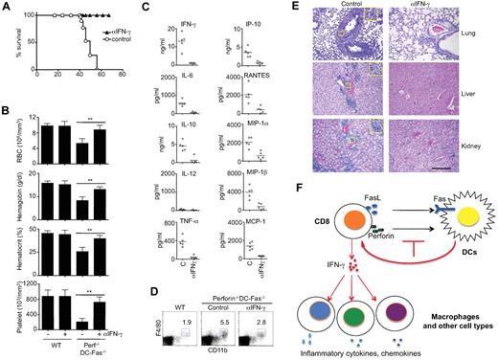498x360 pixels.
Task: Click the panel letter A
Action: point(7,7)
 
